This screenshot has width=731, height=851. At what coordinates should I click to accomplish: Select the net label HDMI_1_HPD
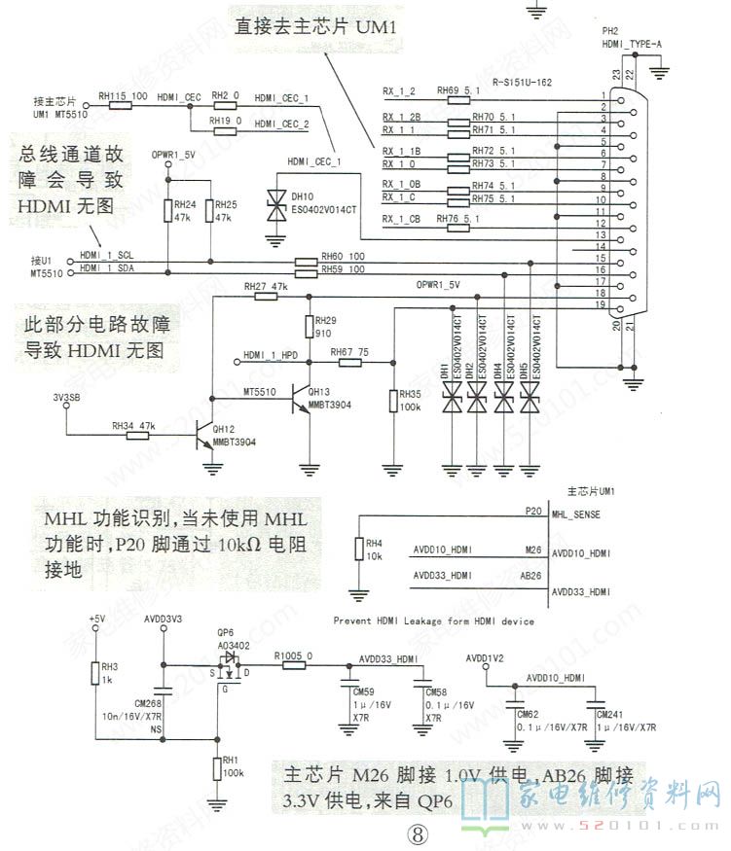point(271,355)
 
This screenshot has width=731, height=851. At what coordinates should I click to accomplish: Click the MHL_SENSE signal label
point(574,513)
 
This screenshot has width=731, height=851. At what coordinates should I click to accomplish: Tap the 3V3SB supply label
point(66,396)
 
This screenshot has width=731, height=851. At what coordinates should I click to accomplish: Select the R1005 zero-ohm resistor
point(290,664)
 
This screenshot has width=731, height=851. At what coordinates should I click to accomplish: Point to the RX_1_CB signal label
point(401,219)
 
